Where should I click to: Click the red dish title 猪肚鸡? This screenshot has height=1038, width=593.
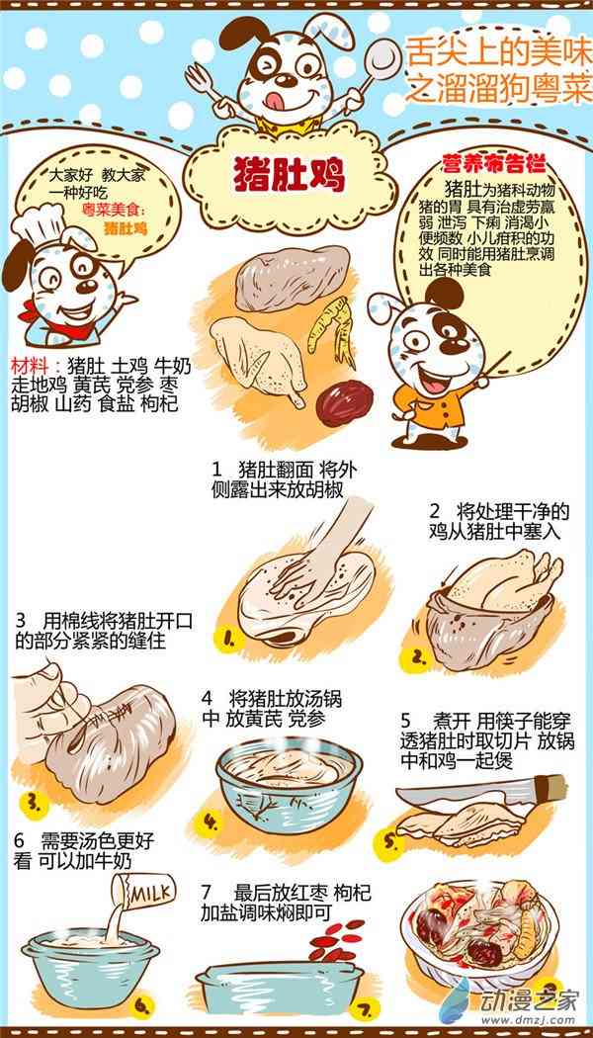point(290,176)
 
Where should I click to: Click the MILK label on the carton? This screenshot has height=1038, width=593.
point(149,895)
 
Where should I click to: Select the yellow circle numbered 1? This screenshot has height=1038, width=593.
point(229,639)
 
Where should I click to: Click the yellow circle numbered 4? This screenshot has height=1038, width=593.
point(210,822)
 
